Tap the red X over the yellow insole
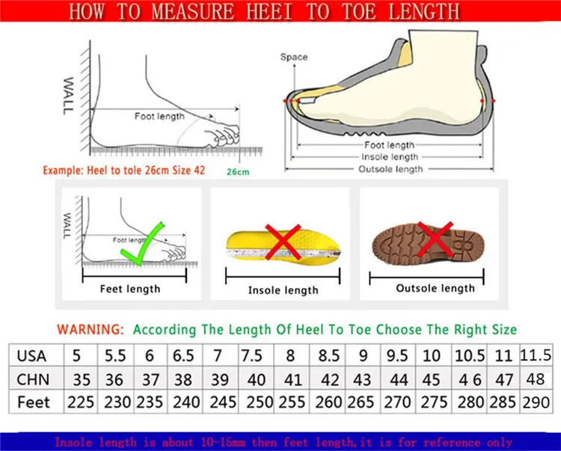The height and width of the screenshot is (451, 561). tap(283, 242)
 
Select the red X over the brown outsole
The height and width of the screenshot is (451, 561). tap(435, 239)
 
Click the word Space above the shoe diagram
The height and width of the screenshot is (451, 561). tap(294, 57)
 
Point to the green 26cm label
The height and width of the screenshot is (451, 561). tap(238, 172)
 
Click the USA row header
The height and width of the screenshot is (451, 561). tap(31, 356)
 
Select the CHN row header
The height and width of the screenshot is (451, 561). tap(33, 379)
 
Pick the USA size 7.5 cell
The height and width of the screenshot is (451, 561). tap(252, 355)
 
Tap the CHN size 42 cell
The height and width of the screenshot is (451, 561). tap(330, 379)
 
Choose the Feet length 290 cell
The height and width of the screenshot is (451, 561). tap(536, 402)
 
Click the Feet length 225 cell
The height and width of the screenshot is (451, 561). tap(81, 402)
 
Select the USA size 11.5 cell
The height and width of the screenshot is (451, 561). tap(536, 355)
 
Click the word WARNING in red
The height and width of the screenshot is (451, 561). tap(91, 329)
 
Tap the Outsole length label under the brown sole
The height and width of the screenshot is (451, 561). tap(435, 288)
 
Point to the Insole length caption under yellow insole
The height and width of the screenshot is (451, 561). tap(283, 290)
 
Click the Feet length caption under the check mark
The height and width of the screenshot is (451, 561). tap(130, 289)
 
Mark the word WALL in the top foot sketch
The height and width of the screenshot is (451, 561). tap(68, 96)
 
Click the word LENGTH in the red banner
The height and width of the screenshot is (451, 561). tap(423, 11)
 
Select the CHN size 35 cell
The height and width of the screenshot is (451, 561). tap(82, 379)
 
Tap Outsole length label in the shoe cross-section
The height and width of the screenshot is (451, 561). tap(390, 169)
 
